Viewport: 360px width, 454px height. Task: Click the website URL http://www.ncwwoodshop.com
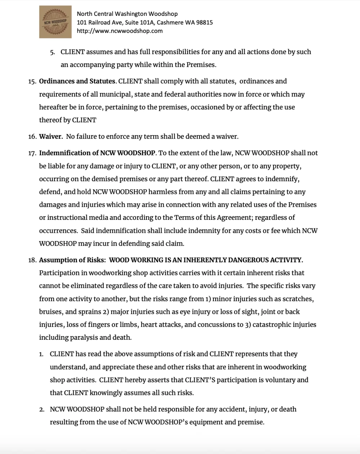tap(120, 31)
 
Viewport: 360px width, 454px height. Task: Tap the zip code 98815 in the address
tap(204, 22)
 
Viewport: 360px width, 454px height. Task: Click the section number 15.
tap(32, 81)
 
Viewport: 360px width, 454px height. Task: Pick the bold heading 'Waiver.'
tap(51, 137)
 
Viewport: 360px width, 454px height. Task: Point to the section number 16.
tap(32, 137)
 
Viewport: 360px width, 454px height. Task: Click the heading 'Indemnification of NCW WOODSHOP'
tap(97, 153)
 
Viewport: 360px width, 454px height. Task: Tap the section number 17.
tap(32, 153)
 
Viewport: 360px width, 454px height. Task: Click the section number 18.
tap(32, 260)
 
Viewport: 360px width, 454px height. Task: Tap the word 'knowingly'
tap(104, 393)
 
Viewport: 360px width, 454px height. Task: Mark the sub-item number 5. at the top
tap(53, 52)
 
